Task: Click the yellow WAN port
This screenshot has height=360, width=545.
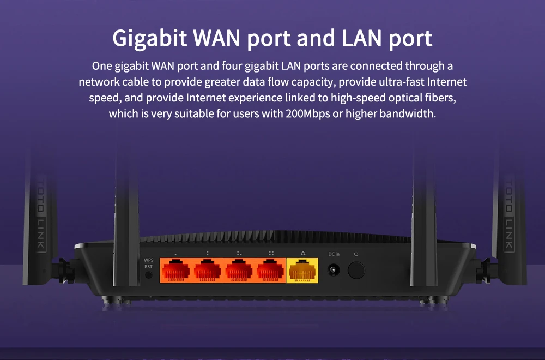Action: coord(302,269)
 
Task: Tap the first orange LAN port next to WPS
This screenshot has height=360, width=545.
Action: coord(175,269)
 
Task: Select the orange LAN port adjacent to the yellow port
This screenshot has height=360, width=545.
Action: coord(270,269)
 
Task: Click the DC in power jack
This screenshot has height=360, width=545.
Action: coord(332,270)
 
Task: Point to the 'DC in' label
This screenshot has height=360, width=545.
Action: coord(334,254)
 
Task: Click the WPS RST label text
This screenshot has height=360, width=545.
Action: coord(148,263)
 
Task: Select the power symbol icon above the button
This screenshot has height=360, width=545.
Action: coord(356,254)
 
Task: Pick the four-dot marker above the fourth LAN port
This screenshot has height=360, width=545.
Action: coord(271,254)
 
